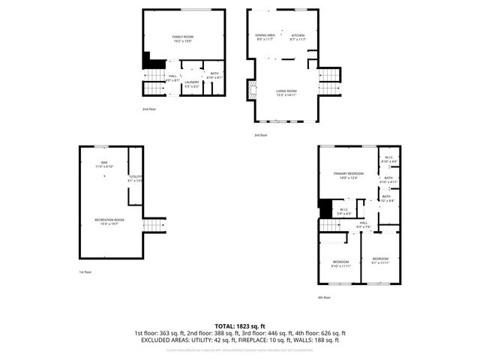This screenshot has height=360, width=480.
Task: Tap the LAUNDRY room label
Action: pyautogui.click(x=192, y=82)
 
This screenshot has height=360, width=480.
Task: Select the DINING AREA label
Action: pyautogui.click(x=264, y=36)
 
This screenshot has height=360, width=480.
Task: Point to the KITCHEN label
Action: pyautogui.click(x=298, y=36)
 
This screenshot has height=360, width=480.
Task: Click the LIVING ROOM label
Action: pyautogui.click(x=286, y=92)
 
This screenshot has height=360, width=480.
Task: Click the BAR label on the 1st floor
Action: pyautogui.click(x=105, y=163)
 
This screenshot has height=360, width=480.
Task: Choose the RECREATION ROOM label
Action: pyautogui.click(x=109, y=220)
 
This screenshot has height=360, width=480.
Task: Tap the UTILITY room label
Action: pyautogui.click(x=135, y=177)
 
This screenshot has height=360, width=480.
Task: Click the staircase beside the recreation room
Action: pyautogui.click(x=154, y=225)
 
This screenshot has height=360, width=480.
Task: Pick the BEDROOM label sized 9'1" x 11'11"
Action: pyautogui.click(x=382, y=259)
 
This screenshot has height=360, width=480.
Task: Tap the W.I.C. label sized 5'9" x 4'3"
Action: pyautogui.click(x=343, y=211)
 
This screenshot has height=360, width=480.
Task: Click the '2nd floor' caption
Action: pyautogui.click(x=149, y=109)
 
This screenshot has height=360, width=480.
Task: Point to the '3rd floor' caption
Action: pyautogui.click(x=259, y=135)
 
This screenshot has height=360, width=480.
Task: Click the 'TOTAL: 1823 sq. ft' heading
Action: pyautogui.click(x=240, y=325)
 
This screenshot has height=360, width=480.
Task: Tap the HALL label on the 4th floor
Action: pyautogui.click(x=364, y=223)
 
